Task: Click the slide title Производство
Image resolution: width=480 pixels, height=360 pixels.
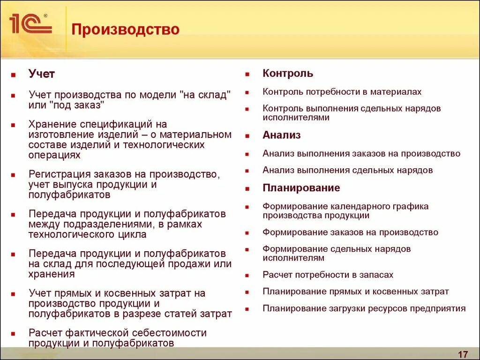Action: (x=125, y=30)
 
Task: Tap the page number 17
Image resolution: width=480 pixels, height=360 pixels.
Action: (x=463, y=353)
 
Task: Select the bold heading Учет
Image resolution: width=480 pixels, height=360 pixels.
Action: (x=42, y=74)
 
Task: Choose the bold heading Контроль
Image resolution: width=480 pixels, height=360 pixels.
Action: (x=287, y=74)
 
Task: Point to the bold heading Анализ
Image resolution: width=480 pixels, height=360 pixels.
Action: (x=281, y=135)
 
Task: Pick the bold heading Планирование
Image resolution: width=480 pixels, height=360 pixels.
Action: (x=301, y=188)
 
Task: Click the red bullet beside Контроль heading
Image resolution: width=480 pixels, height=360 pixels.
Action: (x=247, y=74)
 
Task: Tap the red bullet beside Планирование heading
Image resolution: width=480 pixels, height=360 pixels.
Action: (x=247, y=188)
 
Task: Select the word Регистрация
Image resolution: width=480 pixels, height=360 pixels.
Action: (x=59, y=174)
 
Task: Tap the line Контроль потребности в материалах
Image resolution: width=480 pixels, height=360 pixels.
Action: (x=342, y=92)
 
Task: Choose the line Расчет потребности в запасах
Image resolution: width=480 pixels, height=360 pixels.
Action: (x=328, y=275)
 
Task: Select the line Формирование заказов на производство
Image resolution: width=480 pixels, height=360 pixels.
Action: (x=350, y=232)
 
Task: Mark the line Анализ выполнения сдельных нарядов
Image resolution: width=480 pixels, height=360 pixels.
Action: (x=347, y=170)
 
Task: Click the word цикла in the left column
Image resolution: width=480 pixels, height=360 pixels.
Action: (x=134, y=234)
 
